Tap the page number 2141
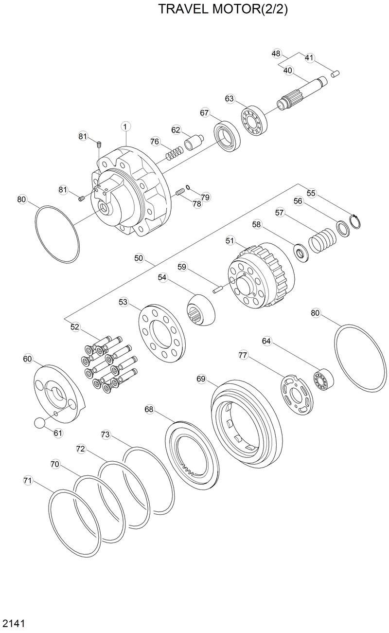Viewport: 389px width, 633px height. (14, 623)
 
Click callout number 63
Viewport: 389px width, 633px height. (230, 99)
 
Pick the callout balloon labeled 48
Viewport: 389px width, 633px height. (276, 53)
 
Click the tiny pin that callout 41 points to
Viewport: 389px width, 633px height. (335, 73)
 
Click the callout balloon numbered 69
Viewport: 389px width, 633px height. (201, 379)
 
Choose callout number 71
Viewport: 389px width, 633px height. (28, 481)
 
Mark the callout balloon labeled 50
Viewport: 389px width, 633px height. (139, 258)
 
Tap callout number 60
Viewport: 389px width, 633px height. (28, 359)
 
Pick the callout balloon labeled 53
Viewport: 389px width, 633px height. (123, 302)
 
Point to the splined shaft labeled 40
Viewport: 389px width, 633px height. (301, 93)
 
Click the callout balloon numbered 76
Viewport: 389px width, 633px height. (155, 142)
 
